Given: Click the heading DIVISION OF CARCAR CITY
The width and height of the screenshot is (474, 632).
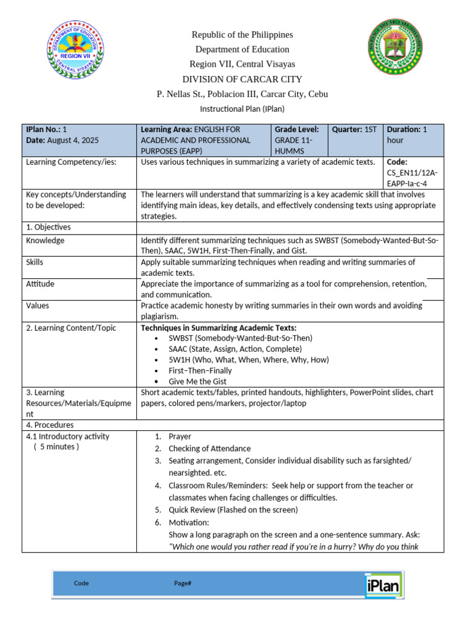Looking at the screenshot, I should coord(242,79).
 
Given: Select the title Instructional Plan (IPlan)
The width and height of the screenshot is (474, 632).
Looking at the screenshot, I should coord(242,109).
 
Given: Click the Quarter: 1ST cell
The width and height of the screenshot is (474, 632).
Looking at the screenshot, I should coord(354,130).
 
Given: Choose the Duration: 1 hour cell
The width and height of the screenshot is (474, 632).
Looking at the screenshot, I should coord(407,135).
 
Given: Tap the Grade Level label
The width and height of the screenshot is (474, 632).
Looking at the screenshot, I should coord(297,130).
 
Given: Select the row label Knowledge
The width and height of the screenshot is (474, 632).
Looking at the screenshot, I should coord(45,241).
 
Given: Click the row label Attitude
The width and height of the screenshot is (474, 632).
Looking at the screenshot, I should coord(40,284).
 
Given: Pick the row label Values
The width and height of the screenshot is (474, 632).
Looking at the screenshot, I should coord(38,306).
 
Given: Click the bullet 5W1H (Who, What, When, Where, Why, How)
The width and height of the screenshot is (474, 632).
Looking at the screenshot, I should coord(249,360).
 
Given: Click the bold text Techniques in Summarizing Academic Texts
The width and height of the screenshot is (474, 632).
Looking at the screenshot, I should coord(218,328).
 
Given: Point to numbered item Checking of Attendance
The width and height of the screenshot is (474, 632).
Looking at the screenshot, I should coord(209,449).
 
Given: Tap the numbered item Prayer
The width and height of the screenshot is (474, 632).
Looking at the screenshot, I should coord(180,436).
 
